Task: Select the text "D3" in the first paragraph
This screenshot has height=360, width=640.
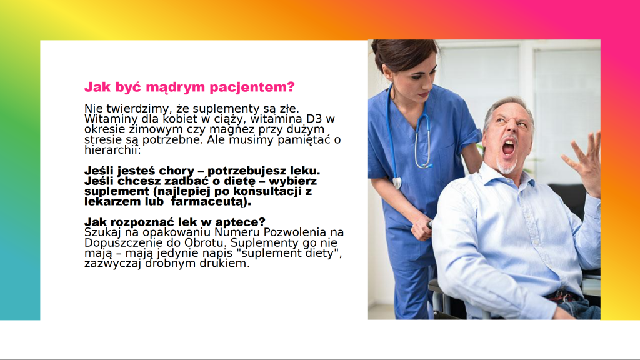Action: [314, 119]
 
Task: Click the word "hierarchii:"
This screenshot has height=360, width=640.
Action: [112, 150]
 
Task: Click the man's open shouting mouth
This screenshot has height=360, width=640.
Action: [508, 147]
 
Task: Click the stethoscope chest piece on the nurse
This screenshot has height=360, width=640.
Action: [397, 182]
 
